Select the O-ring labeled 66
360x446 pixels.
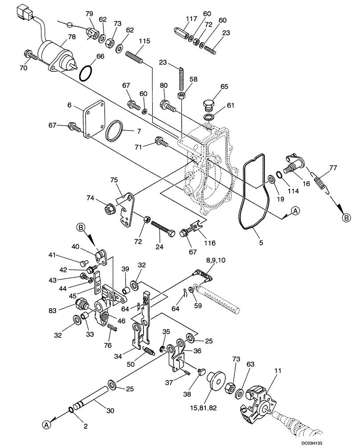(87, 73)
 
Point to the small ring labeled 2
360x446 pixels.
(72, 410)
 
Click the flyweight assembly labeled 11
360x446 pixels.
(258, 402)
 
